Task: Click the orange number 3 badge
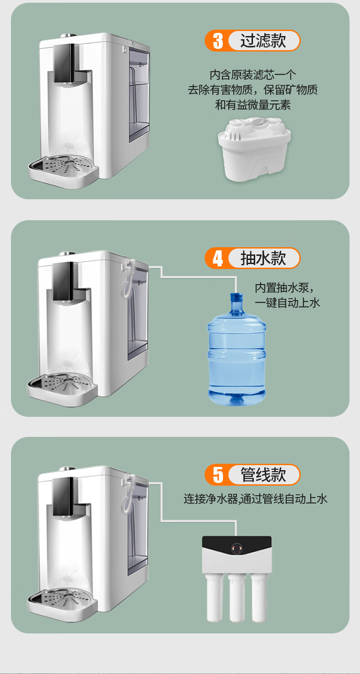tap(218, 41)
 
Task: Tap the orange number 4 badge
tap(218, 258)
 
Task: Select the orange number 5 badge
tap(218, 475)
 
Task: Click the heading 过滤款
tap(263, 41)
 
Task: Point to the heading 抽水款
tap(263, 258)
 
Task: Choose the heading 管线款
tap(263, 475)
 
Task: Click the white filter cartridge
tap(254, 150)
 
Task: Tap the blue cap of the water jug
tap(237, 298)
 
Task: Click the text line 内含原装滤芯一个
tap(252, 75)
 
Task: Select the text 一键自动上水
tap(288, 303)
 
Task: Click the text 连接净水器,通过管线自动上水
tap(255, 499)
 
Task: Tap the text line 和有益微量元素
tap(252, 105)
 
